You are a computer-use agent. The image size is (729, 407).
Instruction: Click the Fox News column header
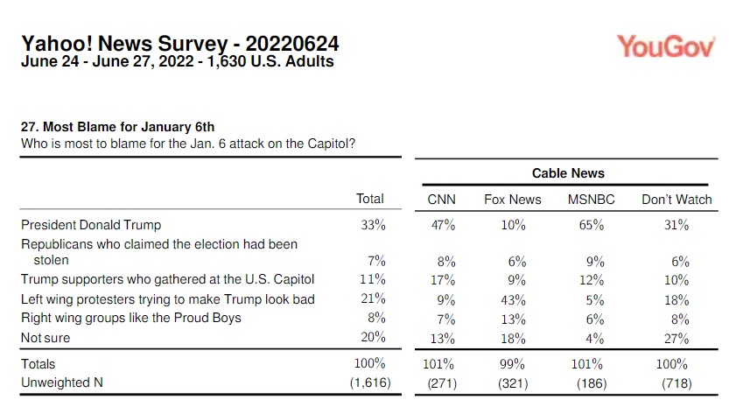(512, 200)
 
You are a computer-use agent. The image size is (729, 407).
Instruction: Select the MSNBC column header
(591, 200)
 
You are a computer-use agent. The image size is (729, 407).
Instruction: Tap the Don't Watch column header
(676, 200)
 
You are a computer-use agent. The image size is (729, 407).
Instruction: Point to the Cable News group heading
(568, 173)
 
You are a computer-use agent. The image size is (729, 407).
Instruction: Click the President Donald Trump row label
(91, 226)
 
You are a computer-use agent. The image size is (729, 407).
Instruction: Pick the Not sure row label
(46, 338)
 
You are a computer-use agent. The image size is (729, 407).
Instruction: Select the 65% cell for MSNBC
(591, 226)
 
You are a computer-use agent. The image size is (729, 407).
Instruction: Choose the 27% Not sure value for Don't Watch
(676, 338)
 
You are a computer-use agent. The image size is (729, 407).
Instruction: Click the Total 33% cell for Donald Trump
(373, 226)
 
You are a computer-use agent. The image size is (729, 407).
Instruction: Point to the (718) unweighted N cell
(676, 382)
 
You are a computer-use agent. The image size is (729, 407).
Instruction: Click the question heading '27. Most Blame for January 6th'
(117, 128)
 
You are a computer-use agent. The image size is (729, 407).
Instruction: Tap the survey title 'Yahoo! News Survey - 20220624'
(179, 44)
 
